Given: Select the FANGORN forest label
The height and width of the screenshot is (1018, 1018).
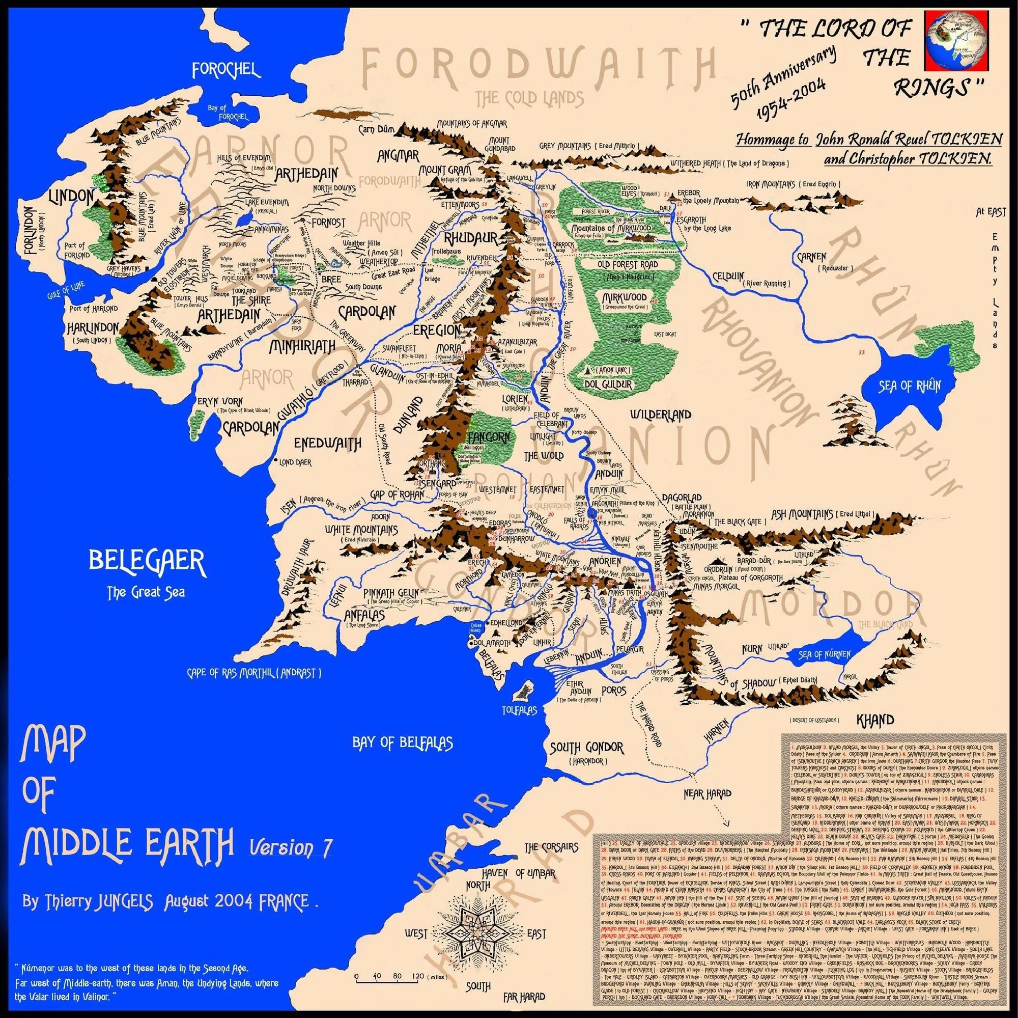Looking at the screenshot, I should pos(488,437).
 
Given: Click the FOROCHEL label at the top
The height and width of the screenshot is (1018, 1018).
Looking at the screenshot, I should pos(227,70).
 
